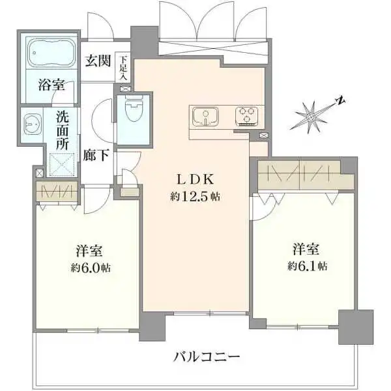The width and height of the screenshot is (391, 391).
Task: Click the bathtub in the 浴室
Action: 48,53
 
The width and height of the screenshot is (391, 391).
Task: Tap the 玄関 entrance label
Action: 98,61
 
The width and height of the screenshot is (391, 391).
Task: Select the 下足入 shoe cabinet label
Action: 124,66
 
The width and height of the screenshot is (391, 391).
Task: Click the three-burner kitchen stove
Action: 246,115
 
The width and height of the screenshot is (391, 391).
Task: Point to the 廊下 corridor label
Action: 96,156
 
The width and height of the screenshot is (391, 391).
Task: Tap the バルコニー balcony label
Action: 207,356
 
